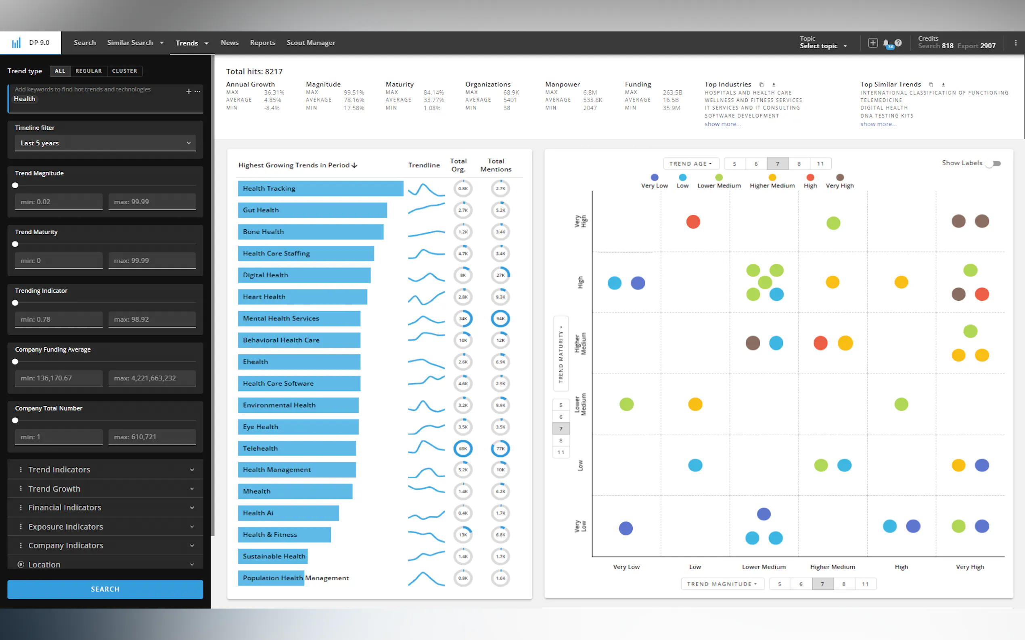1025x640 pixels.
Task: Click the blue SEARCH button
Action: pyautogui.click(x=105, y=589)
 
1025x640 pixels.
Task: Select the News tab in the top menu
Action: pyautogui.click(x=229, y=43)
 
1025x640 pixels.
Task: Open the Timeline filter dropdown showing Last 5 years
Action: pyautogui.click(x=105, y=143)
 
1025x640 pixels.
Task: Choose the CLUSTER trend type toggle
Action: pyautogui.click(x=124, y=71)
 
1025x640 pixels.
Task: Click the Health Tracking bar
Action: pyautogui.click(x=320, y=188)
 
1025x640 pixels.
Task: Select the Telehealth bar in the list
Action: pyautogui.click(x=297, y=448)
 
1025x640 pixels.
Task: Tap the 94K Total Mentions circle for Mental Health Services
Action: pyautogui.click(x=500, y=319)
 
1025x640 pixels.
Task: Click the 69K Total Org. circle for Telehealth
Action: pyautogui.click(x=463, y=449)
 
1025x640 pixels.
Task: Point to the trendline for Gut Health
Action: pyautogui.click(x=426, y=209)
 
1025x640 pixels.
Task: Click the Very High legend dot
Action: pyautogui.click(x=840, y=178)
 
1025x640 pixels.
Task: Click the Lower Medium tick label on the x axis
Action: pyautogui.click(x=764, y=567)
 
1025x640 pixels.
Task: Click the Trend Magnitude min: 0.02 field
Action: pyautogui.click(x=59, y=202)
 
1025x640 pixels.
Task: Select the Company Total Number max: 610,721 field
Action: pyautogui.click(x=152, y=437)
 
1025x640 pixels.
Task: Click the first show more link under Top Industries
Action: pyautogui.click(x=722, y=124)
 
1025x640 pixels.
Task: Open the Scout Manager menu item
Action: pyautogui.click(x=311, y=43)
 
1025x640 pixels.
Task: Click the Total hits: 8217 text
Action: pyautogui.click(x=254, y=71)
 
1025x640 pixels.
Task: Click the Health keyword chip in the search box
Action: pyautogui.click(x=25, y=99)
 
